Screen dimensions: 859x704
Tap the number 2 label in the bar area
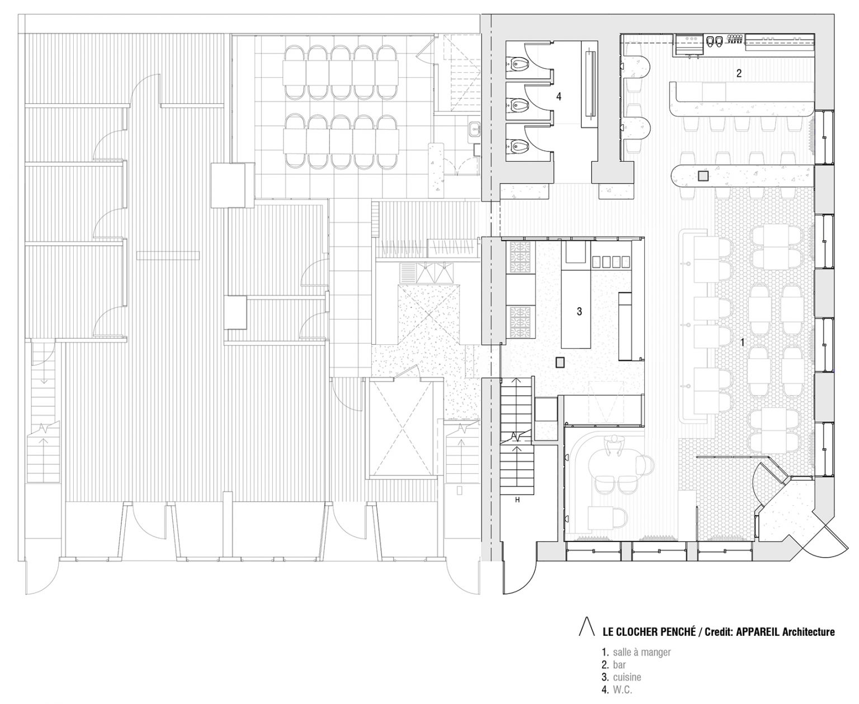point(739,73)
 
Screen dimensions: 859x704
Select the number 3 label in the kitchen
point(579,311)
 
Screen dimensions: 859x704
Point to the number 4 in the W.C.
point(559,97)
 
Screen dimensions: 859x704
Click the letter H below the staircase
point(517,500)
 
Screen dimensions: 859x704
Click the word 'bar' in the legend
point(619,664)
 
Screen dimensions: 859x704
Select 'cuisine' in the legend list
point(627,677)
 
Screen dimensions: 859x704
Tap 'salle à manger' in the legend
point(641,653)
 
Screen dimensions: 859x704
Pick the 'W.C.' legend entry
point(622,690)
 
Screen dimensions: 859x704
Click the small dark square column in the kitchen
point(561,361)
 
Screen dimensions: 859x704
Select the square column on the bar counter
point(703,176)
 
